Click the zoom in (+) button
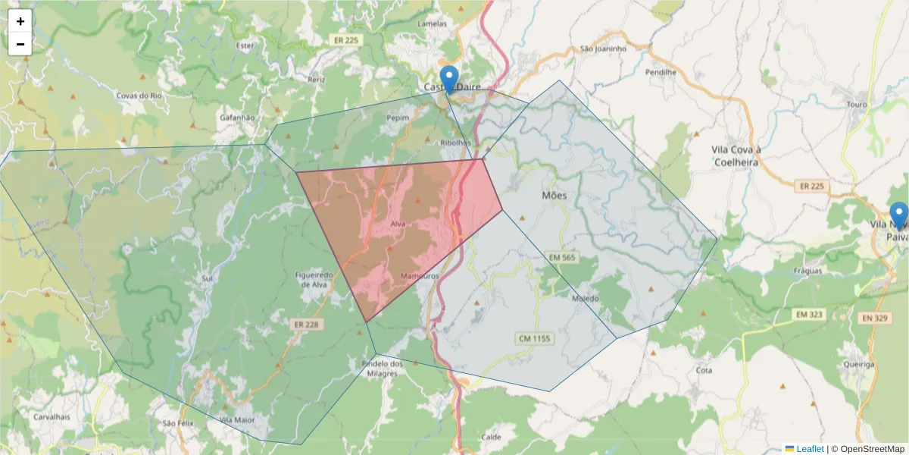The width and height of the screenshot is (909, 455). click(20, 22)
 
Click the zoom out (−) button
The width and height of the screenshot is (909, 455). click(20, 44)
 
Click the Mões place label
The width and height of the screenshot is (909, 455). click(554, 196)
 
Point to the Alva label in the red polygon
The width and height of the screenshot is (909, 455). click(398, 224)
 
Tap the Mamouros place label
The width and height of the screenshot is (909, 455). click(420, 276)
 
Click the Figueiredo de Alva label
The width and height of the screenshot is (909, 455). click(313, 280)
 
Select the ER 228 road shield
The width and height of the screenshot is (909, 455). click(301, 324)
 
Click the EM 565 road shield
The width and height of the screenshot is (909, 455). click(561, 259)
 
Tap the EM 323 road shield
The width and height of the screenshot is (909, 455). click(811, 314)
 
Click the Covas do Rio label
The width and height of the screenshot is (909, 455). click(140, 96)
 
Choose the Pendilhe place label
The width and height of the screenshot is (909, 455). click(660, 73)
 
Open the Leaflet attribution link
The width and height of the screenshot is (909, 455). click(810, 449)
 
